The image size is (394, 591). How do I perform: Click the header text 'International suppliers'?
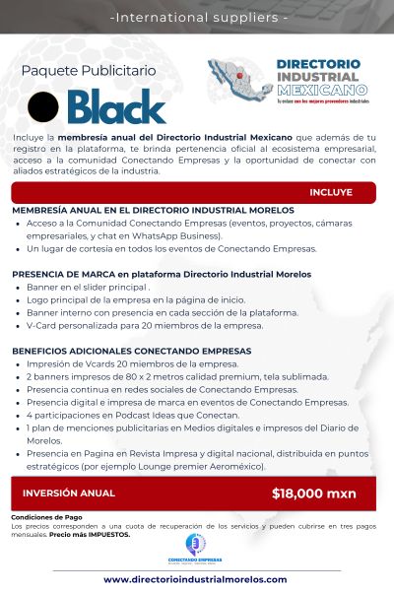coord(197,17)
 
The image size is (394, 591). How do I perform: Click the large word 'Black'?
coord(117,106)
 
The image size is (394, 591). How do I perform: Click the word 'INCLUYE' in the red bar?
coord(330,192)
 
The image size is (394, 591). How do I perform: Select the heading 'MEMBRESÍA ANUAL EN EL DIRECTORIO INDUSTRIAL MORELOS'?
coord(153,210)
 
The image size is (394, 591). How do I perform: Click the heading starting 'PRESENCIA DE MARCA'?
coord(147,274)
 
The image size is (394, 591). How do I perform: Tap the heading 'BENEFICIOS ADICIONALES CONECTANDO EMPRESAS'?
coord(131,351)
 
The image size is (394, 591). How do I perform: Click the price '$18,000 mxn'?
coord(314,493)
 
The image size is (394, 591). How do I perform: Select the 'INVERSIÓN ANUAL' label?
coord(69,492)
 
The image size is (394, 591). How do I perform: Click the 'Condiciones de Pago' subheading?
coord(45,517)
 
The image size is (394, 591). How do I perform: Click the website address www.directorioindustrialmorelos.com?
coord(196,579)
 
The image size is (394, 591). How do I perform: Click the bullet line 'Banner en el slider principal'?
coord(89,287)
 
